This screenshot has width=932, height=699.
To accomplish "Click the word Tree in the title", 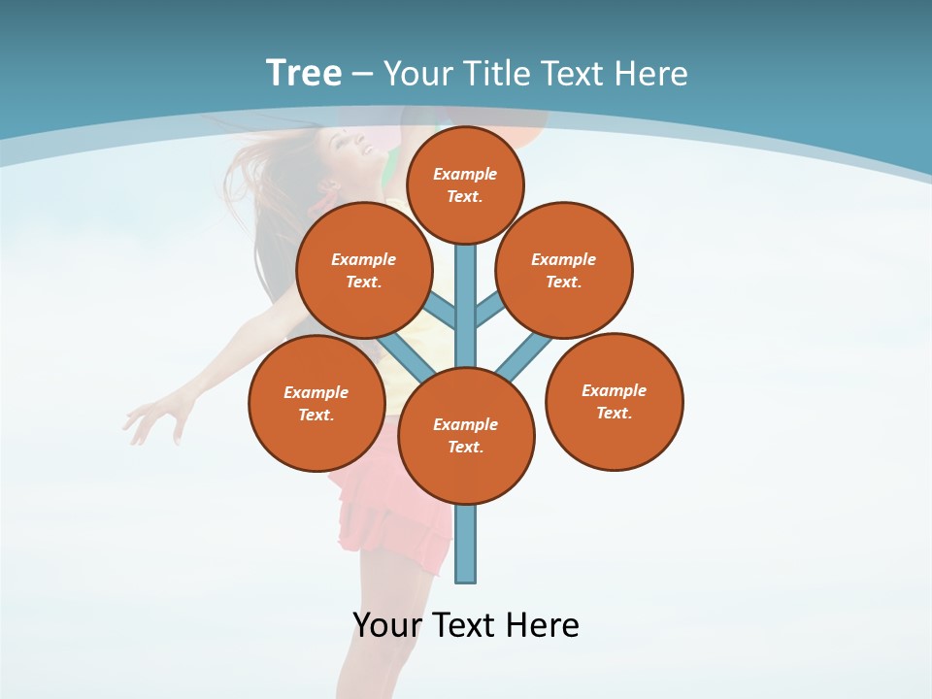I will tap(304, 73).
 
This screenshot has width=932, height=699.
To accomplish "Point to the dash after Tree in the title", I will tap(362, 74).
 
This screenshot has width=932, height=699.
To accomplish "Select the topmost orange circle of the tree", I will tap(465, 184).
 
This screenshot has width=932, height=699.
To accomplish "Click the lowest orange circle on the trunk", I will tap(466, 436).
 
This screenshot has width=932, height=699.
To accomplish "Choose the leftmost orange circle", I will tap(316, 403).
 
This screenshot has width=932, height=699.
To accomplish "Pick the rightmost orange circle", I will tap(614, 401).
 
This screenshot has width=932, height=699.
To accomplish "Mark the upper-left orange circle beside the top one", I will tap(363, 270).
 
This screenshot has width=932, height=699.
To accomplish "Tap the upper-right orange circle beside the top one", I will tap(563, 270).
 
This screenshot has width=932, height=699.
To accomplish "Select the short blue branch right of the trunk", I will tap(488, 310).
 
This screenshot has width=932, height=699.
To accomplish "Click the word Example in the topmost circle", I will tap(465, 174).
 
